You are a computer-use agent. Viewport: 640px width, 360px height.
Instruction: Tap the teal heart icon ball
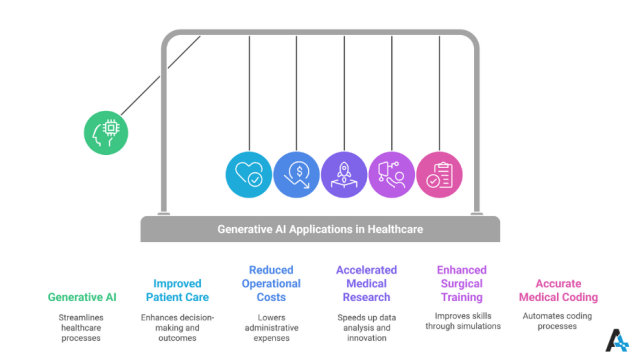pos(247,173)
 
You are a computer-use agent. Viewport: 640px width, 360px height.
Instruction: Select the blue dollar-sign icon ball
pos(295,173)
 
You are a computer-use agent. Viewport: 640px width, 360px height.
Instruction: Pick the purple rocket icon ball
pos(343,173)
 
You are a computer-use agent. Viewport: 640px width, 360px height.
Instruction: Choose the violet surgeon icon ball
pos(391,173)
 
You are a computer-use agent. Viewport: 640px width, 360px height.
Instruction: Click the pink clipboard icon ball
pos(438,173)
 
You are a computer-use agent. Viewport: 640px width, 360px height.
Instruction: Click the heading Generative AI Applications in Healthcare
pos(320,229)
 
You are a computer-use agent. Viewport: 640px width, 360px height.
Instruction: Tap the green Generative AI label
pos(83,297)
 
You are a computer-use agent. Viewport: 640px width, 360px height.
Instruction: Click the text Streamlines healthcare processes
pos(83,327)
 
